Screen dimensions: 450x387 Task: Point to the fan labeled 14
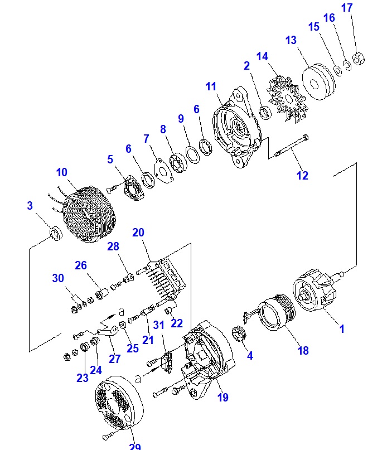[x=287, y=98]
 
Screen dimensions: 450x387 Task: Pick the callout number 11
[x=210, y=86]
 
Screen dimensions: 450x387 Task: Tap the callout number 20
[x=138, y=233]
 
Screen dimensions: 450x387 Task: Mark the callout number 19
[x=222, y=397]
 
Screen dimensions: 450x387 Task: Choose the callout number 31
[x=158, y=326]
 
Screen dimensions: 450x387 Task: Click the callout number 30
[x=58, y=278]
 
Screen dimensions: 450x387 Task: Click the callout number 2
[x=246, y=65]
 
